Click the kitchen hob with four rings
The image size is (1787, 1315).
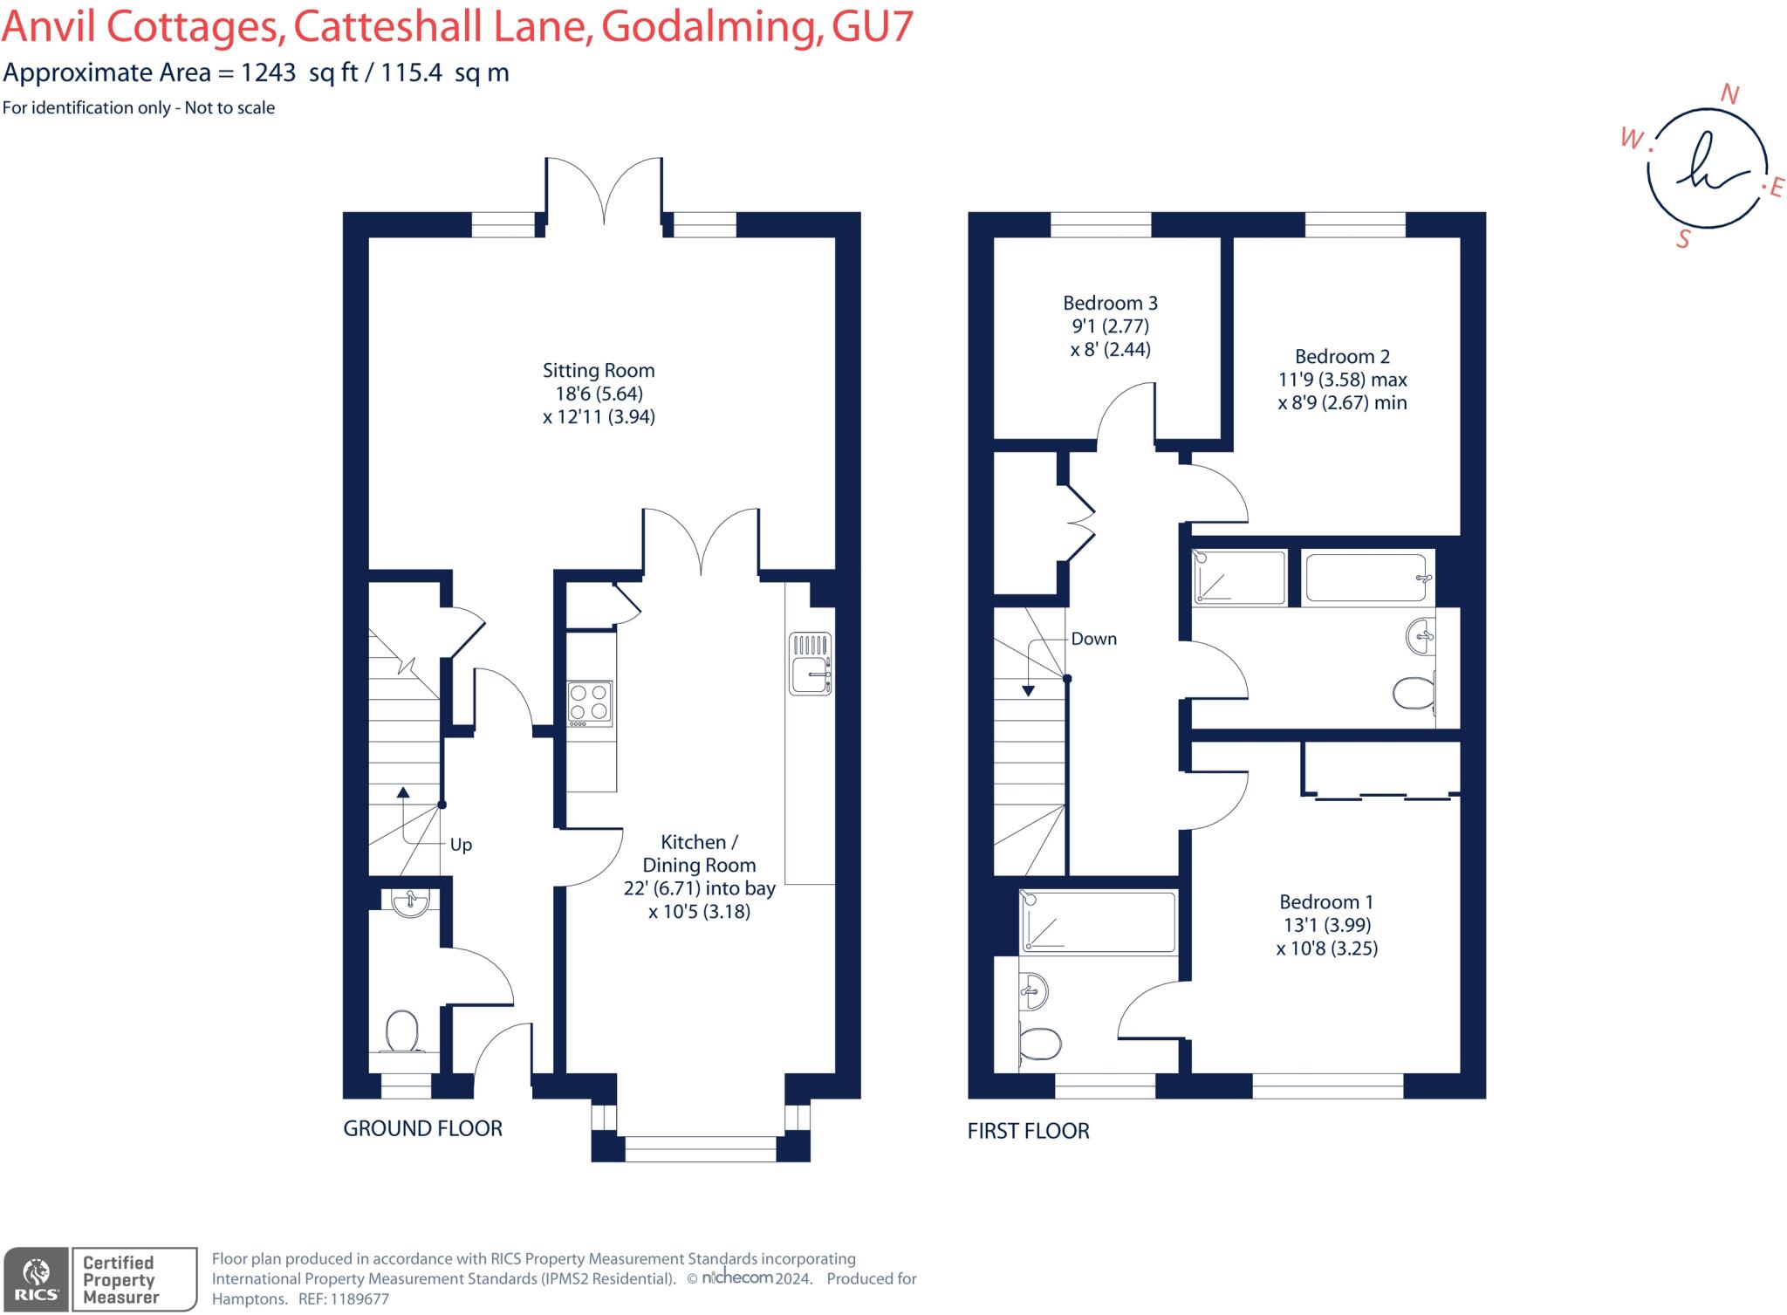(590, 703)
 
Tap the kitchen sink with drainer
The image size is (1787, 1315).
(811, 663)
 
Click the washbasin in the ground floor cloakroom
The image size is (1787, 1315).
(410, 902)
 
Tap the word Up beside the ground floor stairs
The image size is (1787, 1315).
(461, 845)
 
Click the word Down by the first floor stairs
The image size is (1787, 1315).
(1094, 639)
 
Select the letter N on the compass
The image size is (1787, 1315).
(1729, 94)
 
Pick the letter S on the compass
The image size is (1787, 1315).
(1683, 238)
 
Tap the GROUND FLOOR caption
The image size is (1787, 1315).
(422, 1128)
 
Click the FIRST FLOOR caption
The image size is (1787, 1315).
(1029, 1131)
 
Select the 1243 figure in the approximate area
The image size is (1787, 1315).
(268, 72)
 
